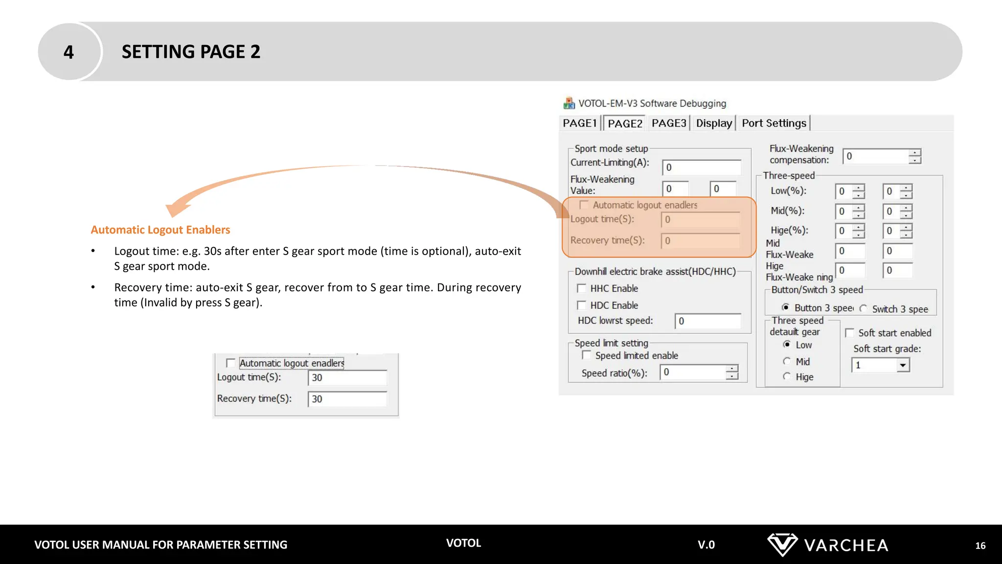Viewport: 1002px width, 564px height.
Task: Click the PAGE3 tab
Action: click(x=669, y=123)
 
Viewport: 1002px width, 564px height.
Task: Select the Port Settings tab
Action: click(x=774, y=123)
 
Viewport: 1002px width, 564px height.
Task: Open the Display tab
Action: click(x=714, y=123)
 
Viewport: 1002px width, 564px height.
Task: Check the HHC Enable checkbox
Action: click(x=582, y=288)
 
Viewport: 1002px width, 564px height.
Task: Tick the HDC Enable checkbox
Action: click(x=582, y=305)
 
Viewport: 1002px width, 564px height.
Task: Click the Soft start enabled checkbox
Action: click(x=850, y=333)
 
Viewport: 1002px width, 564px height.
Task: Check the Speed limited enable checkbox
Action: click(x=587, y=355)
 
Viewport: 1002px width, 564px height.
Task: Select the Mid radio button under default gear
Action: click(x=787, y=361)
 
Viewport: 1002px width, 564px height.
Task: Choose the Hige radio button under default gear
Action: click(x=787, y=376)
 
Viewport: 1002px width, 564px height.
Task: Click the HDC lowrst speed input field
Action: click(x=707, y=321)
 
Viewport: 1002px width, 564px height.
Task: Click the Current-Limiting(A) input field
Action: click(x=701, y=167)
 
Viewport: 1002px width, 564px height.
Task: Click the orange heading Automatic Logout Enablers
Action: click(x=160, y=230)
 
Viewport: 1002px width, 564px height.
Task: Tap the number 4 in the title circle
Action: click(x=68, y=52)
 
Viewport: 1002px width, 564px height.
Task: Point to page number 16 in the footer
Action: click(x=980, y=545)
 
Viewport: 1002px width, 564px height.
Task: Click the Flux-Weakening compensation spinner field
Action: click(x=876, y=156)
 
